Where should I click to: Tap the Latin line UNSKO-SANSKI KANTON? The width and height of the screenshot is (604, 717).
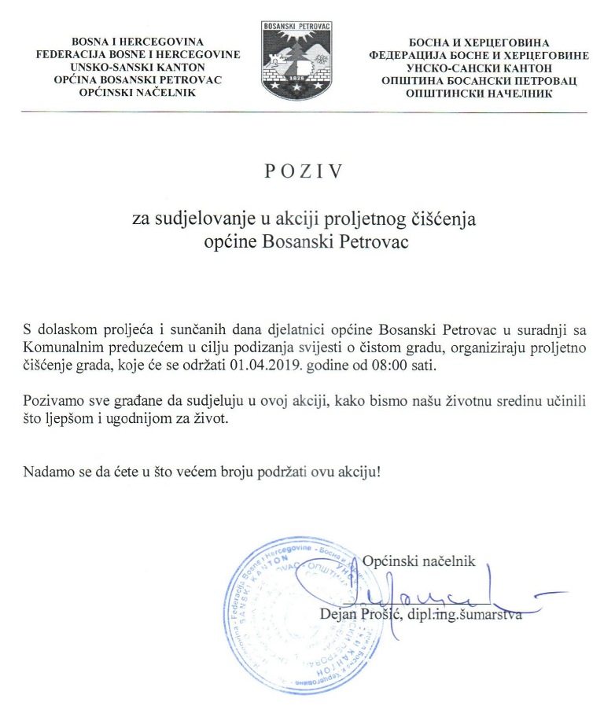(x=138, y=67)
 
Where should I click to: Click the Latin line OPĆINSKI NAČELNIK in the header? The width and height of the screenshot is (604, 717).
(x=138, y=93)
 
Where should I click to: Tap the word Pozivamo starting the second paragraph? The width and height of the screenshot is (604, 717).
(x=53, y=401)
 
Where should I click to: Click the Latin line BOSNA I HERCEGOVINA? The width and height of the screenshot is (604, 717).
(x=138, y=41)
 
